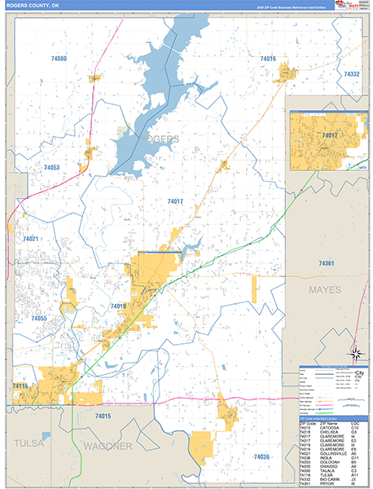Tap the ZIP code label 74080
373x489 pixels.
pyautogui.click(x=58, y=59)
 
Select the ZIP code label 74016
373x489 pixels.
pyautogui.click(x=268, y=59)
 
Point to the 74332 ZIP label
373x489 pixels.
pyautogui.click(x=351, y=74)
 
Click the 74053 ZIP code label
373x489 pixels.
pyautogui.click(x=51, y=167)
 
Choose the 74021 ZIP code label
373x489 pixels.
pyautogui.click(x=31, y=239)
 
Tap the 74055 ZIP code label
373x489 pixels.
pyautogui.click(x=38, y=319)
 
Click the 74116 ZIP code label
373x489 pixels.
pyautogui.click(x=20, y=385)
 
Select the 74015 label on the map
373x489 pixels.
pyautogui.click(x=102, y=416)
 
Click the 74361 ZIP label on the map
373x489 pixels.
pyautogui.click(x=327, y=263)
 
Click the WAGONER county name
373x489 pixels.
pyautogui.click(x=108, y=447)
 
